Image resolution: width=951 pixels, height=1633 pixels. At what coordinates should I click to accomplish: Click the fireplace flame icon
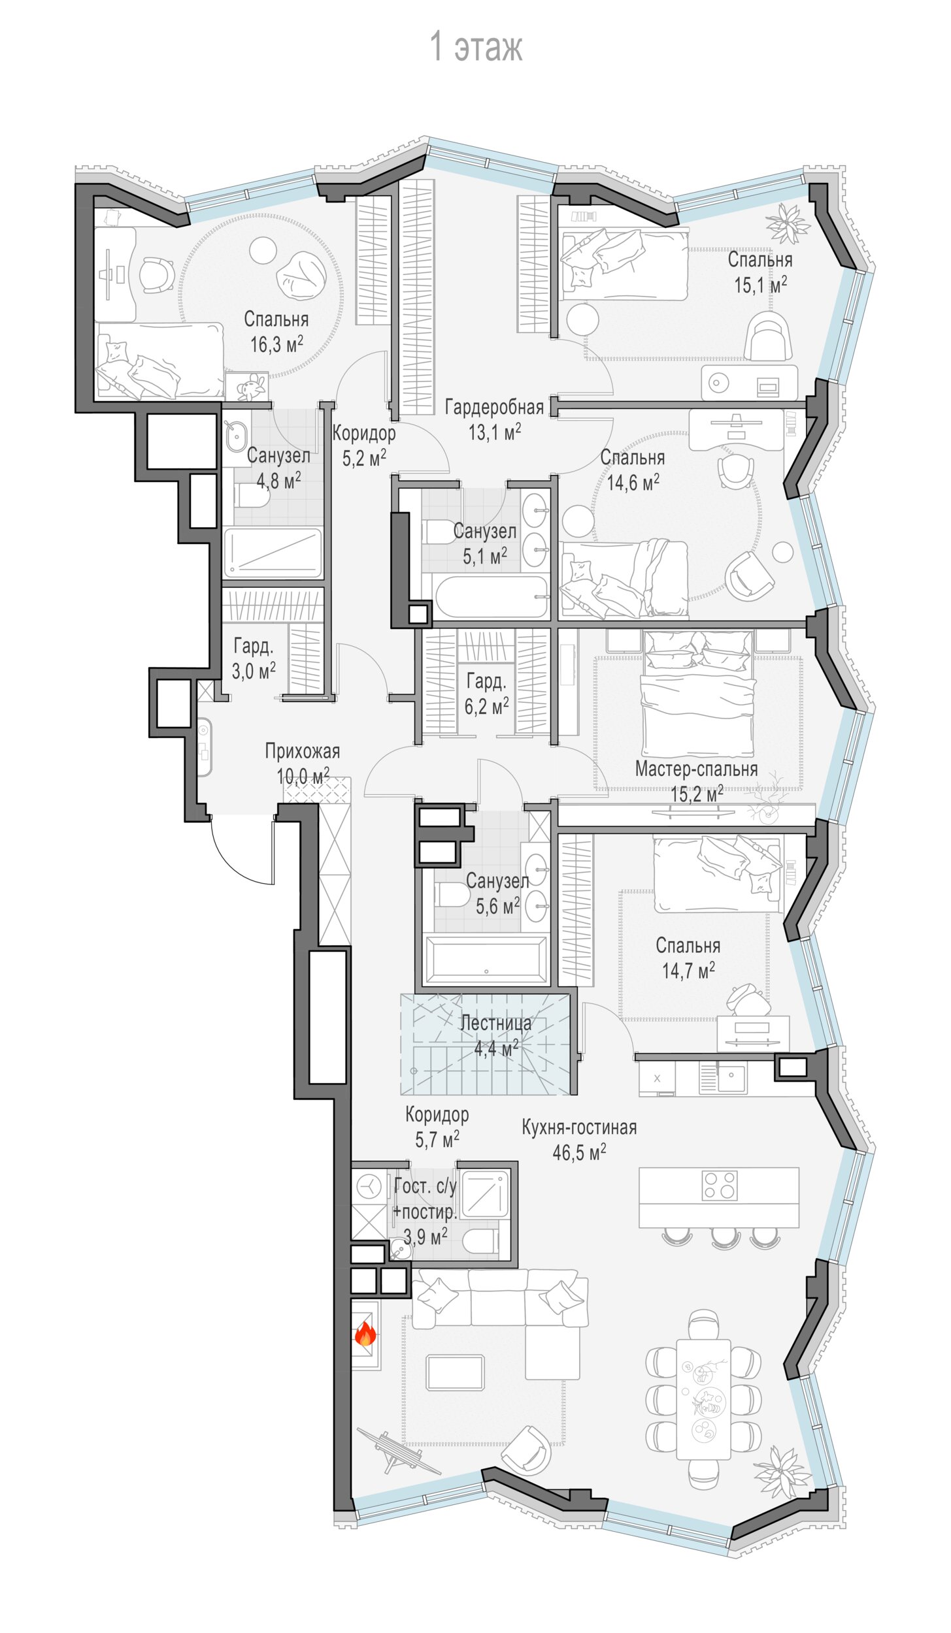365,1333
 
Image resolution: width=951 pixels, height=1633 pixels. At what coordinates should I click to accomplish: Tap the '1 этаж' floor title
476,46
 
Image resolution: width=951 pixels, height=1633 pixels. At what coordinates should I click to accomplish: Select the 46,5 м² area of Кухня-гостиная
579,1152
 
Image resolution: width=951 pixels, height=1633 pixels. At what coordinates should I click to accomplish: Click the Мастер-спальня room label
697,769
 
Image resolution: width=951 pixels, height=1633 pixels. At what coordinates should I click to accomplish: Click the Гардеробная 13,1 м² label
495,419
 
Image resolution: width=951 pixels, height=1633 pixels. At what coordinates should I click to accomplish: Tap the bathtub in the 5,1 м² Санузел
492,596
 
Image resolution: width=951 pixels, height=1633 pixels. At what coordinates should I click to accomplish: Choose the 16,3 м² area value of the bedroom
276,344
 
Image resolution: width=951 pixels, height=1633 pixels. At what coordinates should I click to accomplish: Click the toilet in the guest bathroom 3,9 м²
480,1240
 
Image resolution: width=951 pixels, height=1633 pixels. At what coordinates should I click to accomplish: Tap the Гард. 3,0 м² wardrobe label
254,658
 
